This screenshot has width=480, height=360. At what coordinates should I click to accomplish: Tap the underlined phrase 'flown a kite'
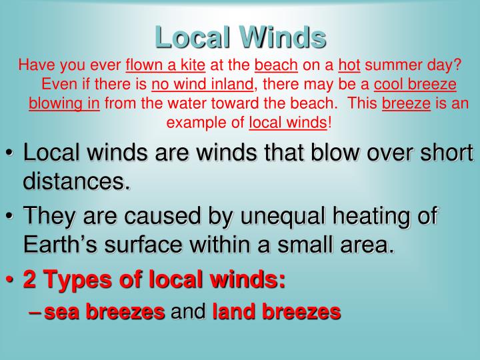(165, 66)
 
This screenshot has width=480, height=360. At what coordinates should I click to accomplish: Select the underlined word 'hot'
(349, 66)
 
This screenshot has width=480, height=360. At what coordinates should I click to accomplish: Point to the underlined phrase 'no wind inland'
(203, 85)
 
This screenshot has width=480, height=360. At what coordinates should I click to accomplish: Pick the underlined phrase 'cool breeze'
(415, 85)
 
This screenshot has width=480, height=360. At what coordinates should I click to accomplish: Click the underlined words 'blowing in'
(64, 104)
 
